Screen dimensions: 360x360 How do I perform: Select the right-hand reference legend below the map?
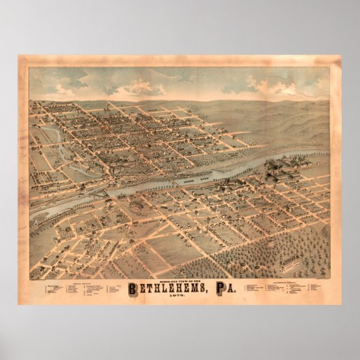point(278,289)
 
